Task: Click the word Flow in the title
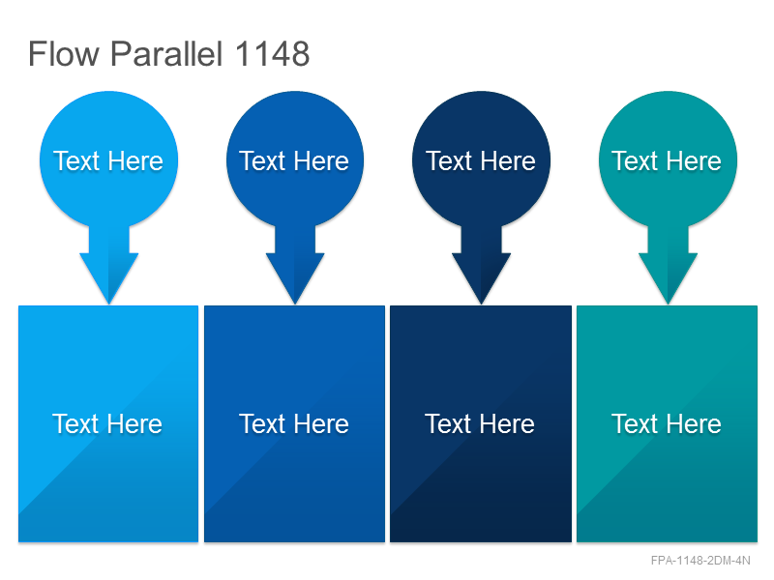tap(64, 53)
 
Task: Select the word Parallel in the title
tap(166, 53)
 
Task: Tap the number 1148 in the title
tap(272, 53)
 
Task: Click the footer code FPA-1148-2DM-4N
tap(700, 561)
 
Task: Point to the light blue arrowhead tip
tap(109, 304)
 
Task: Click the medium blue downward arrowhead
tap(295, 276)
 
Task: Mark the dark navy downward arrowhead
tap(481, 276)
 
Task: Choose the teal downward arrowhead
tap(668, 276)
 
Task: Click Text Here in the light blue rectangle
tap(107, 423)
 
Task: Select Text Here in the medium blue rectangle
tap(294, 423)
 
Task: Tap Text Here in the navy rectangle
tap(480, 423)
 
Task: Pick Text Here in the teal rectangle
tap(667, 423)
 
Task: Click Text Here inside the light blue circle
tap(108, 160)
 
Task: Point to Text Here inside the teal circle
tap(667, 160)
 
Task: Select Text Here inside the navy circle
tap(481, 160)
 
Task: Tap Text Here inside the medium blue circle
tap(294, 160)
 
